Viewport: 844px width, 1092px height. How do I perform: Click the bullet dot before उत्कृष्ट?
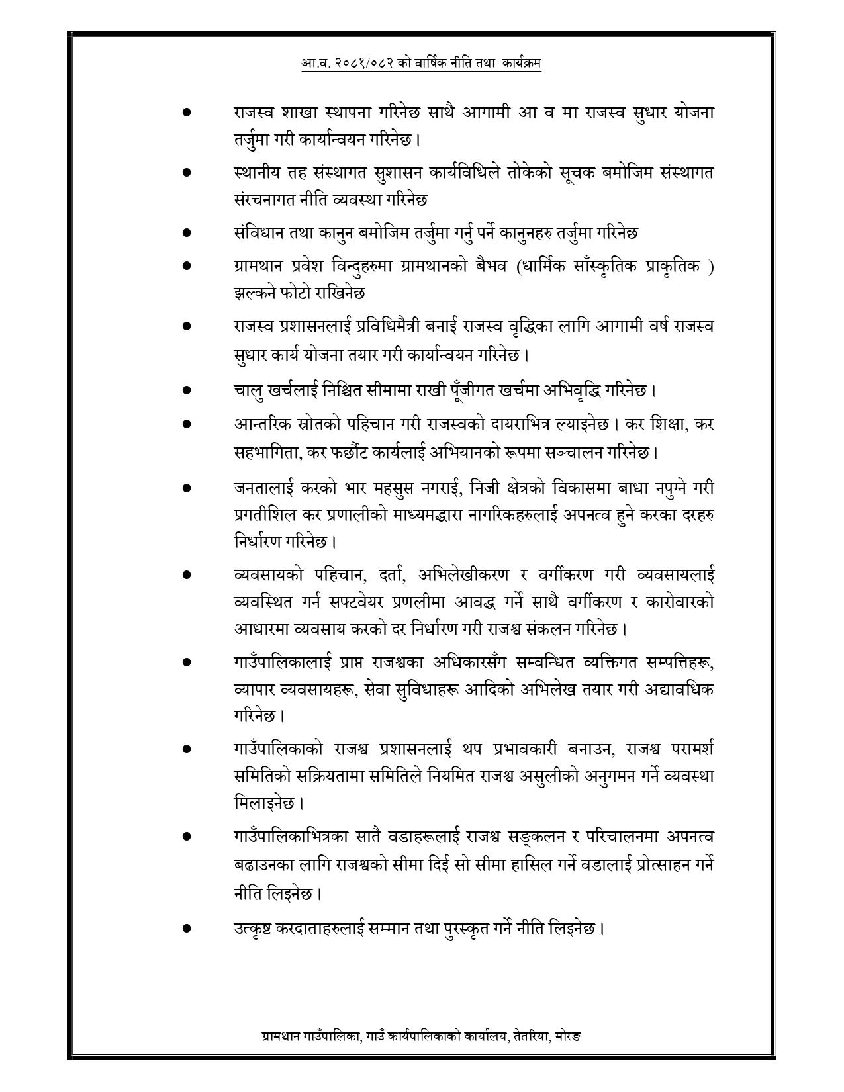click(187, 928)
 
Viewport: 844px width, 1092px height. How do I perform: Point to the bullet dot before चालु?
click(187, 390)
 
